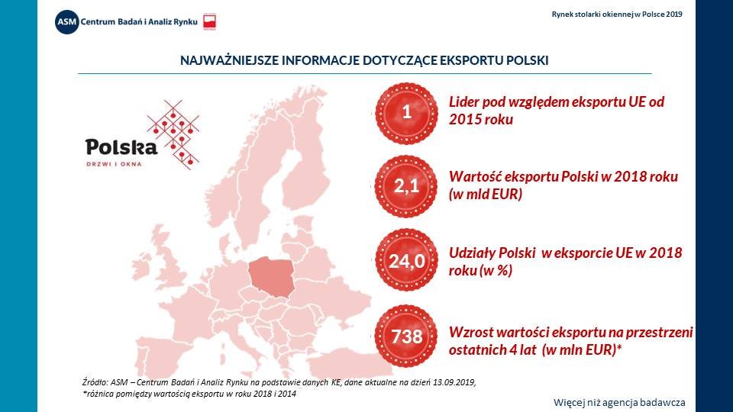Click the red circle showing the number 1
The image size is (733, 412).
click(406, 113)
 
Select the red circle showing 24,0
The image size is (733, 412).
click(406, 262)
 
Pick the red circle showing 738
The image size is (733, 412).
click(406, 336)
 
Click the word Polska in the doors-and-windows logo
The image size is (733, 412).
click(121, 147)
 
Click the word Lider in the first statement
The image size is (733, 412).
click(466, 103)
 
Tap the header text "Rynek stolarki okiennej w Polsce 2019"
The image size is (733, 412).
click(617, 14)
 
